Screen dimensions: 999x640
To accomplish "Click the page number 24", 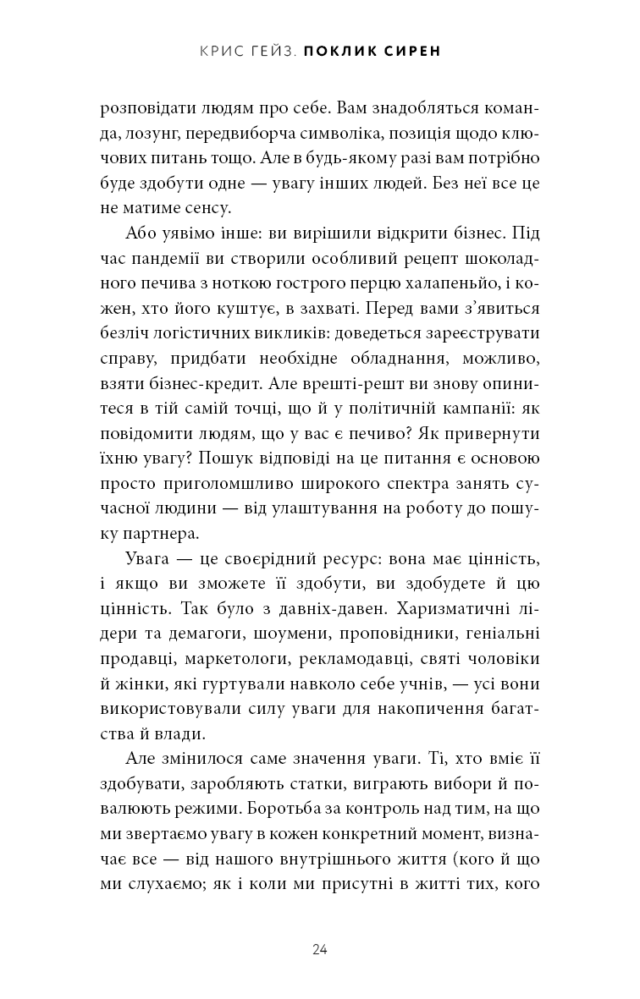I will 319,949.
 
